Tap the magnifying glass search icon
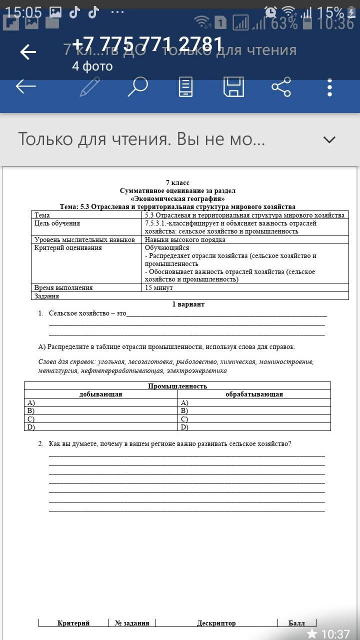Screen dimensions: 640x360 coord(137,87)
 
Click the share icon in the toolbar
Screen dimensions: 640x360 coord(281,87)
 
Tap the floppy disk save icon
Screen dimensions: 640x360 coord(233,87)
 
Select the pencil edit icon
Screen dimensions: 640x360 coord(90,87)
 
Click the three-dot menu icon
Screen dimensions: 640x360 coord(329,87)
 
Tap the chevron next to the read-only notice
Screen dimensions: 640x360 coord(329,140)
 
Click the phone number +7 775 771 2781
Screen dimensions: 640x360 coord(147,45)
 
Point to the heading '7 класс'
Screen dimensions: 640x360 coord(177,182)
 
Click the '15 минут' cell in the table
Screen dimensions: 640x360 coord(159,288)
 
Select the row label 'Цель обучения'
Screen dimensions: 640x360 coord(57,223)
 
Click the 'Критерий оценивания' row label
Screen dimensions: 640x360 coord(68,248)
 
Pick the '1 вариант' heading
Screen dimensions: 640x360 coord(188,304)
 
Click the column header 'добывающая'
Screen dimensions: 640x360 coord(100,394)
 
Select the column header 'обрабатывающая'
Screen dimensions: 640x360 coord(254,394)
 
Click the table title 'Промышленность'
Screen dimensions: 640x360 coord(177,386)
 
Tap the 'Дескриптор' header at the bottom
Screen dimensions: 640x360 coord(216,623)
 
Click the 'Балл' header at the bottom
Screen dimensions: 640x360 coord(296,623)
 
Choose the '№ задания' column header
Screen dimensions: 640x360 coord(132,623)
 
